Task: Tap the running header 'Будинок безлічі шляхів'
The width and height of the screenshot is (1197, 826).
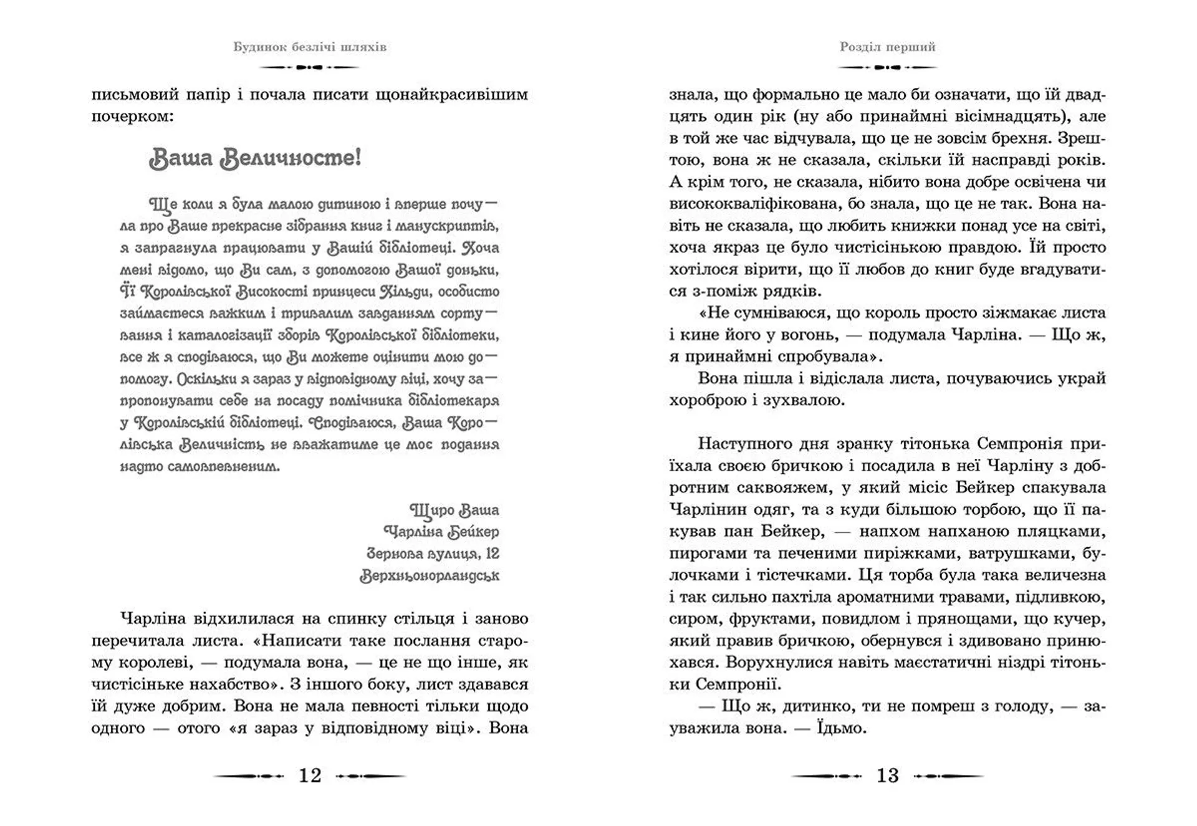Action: coord(310,47)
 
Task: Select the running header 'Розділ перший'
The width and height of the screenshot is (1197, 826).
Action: coord(888,47)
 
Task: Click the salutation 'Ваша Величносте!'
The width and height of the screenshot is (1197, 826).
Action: coord(255,158)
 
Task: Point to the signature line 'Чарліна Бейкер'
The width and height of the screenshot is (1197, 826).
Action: coord(441,532)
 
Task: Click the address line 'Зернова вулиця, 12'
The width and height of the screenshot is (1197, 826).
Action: coord(433,554)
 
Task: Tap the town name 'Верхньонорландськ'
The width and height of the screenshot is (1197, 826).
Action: coord(430,575)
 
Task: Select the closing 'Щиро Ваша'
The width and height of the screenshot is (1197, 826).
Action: coord(454,510)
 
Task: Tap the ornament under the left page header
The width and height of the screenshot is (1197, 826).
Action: coord(310,67)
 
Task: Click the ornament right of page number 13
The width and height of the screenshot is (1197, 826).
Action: coord(948,776)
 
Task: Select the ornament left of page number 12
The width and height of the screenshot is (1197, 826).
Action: coord(249,776)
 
